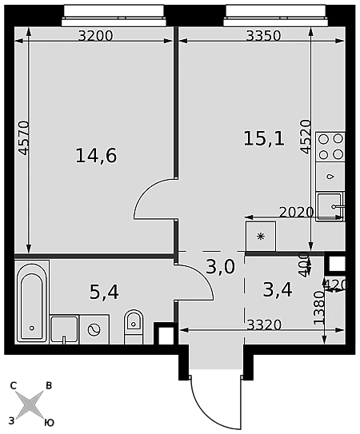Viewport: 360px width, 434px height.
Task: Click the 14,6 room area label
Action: [96, 156]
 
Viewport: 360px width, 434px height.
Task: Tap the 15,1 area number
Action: [264, 138]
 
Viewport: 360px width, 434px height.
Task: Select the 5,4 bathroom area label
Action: [104, 293]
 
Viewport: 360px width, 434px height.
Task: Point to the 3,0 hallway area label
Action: [221, 266]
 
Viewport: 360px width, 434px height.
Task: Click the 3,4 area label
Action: [278, 290]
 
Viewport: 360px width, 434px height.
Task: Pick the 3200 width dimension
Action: [96, 36]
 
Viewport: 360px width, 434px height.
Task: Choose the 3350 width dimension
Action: [263, 36]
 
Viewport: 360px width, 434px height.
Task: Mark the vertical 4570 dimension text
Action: [23, 137]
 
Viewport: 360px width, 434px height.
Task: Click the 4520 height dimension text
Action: [306, 137]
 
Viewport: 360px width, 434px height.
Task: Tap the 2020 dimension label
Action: [296, 213]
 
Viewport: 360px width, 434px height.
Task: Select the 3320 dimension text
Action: [264, 325]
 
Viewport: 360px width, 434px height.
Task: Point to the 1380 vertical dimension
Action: [318, 307]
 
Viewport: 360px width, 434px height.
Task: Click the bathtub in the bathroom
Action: [32, 302]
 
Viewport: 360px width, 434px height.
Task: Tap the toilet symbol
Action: [134, 327]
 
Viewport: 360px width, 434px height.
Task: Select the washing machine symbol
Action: [94, 329]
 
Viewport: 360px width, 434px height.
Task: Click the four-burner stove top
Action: [330, 147]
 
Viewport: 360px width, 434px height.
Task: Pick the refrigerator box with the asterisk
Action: [261, 237]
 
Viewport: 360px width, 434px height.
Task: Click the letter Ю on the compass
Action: [49, 423]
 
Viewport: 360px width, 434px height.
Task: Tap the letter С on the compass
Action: [13, 385]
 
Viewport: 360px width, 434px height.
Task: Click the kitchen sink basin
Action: [330, 206]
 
